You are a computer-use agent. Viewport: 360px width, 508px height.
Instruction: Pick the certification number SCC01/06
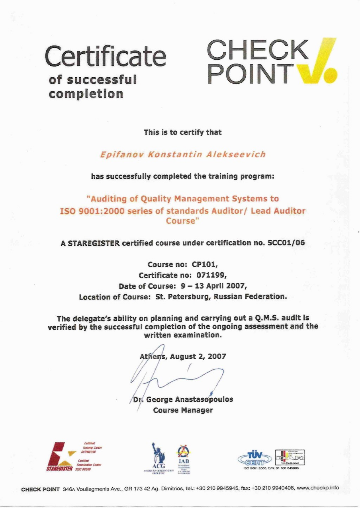286,243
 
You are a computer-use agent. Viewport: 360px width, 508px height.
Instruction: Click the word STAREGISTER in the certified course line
94,243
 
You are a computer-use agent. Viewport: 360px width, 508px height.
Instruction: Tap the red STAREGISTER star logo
60,455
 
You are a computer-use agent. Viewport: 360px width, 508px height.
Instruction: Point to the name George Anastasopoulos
190,399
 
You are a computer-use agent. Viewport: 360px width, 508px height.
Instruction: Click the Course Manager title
183,410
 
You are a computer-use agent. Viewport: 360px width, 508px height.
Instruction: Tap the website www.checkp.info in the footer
318,488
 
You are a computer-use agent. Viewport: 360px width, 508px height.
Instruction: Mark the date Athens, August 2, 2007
183,356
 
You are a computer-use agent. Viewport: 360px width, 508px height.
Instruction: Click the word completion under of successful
86,94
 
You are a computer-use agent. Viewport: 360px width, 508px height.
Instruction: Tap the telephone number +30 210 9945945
216,489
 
